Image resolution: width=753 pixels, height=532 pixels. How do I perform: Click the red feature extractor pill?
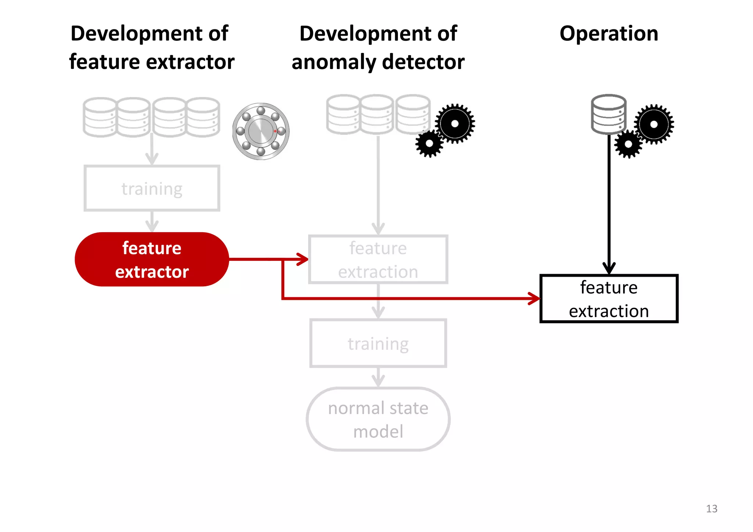151,259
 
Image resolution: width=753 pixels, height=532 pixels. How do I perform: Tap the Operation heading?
609,34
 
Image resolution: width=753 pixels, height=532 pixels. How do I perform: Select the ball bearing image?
261,131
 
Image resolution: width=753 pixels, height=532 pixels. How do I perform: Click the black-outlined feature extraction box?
609,298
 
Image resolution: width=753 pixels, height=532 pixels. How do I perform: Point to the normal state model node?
378,419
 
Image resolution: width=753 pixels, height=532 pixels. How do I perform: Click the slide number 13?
711,508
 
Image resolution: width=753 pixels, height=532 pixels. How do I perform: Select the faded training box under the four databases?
152,188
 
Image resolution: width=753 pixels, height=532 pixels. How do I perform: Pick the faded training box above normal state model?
378,344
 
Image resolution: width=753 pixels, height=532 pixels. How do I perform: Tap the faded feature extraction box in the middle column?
378,259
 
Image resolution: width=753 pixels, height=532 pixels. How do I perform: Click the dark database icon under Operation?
609,114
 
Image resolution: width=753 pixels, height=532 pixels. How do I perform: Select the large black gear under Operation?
654,124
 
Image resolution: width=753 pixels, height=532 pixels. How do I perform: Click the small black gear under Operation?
628,144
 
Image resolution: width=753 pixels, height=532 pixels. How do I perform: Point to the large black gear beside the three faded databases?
455,123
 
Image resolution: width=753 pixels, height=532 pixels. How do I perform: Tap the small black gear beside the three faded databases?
429,144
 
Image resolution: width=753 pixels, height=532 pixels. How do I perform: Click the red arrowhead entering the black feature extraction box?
534,298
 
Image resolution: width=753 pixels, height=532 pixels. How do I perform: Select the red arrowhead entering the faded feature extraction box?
303,259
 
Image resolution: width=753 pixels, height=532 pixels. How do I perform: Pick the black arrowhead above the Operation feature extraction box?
609,267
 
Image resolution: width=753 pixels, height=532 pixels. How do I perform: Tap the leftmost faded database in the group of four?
100,117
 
